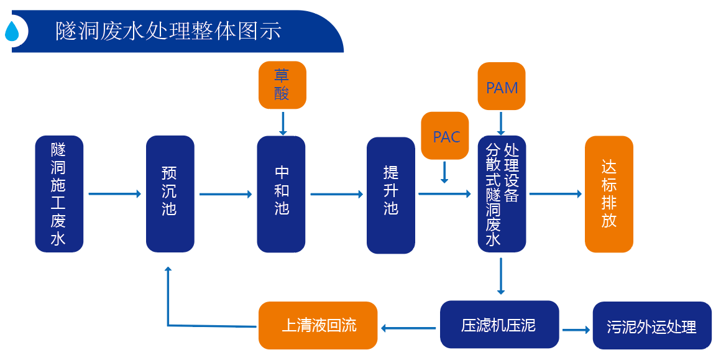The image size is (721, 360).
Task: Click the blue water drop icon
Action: point(12,31)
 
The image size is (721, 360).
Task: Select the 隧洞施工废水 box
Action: point(59,194)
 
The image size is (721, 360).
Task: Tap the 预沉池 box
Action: point(170,194)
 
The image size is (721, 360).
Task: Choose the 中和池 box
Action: point(281,194)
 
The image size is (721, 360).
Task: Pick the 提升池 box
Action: point(390,195)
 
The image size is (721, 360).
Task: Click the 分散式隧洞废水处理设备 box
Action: point(502,194)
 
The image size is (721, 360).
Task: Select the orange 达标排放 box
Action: point(608,194)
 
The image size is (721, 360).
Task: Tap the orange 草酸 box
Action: point(282,85)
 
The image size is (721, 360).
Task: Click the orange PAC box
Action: point(446,136)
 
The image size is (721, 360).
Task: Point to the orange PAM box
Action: point(502,87)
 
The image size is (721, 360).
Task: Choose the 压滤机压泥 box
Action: point(499,325)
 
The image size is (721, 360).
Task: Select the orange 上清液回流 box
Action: point(318,325)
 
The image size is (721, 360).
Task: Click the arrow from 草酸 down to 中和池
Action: point(283,123)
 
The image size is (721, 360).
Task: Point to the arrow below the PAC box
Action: point(444,172)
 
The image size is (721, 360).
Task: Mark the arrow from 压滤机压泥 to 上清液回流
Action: point(408,327)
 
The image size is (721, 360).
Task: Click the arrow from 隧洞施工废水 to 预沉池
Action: point(114,194)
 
